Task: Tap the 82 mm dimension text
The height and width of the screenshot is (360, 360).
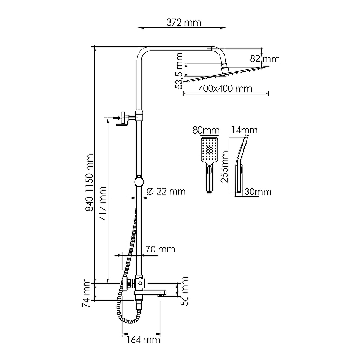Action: click(x=265, y=59)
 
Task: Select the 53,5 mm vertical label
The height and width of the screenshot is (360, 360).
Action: click(x=180, y=71)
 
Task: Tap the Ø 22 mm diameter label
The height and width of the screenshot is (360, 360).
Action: click(x=166, y=192)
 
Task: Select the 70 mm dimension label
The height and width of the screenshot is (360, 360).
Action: click(x=160, y=249)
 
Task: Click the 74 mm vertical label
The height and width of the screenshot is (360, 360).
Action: click(x=87, y=293)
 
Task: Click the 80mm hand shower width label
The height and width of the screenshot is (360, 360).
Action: click(x=206, y=130)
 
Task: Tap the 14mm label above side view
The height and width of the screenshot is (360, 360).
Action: click(x=244, y=130)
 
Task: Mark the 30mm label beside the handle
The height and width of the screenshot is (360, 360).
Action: click(x=258, y=192)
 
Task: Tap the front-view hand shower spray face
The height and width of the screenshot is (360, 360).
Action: click(x=209, y=150)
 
